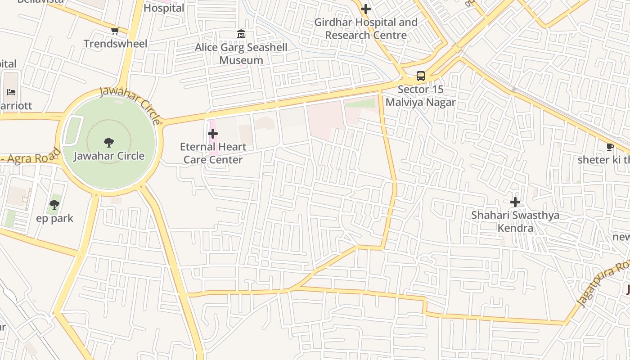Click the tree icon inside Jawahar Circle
click(x=108, y=143)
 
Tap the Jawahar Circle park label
click(x=109, y=156)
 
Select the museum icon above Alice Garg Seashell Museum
click(x=241, y=34)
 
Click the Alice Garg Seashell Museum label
click(x=241, y=54)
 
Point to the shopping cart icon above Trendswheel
click(x=115, y=31)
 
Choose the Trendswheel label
click(x=116, y=44)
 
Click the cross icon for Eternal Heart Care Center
click(x=213, y=134)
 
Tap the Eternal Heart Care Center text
click(x=213, y=153)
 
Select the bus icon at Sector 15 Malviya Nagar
click(x=421, y=76)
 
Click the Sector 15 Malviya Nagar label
click(x=420, y=96)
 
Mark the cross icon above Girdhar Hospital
click(x=366, y=9)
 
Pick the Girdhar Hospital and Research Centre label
click(x=366, y=28)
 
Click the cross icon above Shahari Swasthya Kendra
click(x=515, y=202)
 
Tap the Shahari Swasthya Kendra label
click(x=515, y=221)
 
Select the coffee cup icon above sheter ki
click(x=610, y=147)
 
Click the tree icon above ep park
click(x=54, y=205)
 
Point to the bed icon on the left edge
click(x=11, y=92)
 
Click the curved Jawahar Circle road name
click(x=130, y=104)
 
